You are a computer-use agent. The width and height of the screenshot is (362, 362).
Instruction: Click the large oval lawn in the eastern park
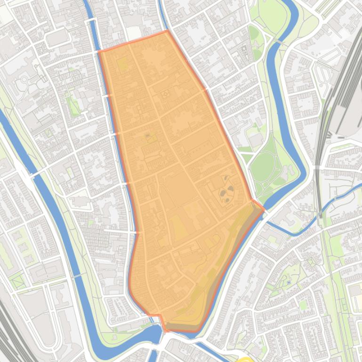pyautogui.click(x=262, y=165)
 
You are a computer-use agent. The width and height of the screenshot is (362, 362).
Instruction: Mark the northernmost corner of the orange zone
pyautogui.click(x=167, y=31)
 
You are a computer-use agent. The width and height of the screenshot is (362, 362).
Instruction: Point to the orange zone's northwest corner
pyautogui.click(x=100, y=51)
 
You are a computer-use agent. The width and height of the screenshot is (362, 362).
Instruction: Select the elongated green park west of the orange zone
pyautogui.click(x=72, y=105)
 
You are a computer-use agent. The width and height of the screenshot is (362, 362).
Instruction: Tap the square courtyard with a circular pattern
pyautogui.click(x=165, y=94)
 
